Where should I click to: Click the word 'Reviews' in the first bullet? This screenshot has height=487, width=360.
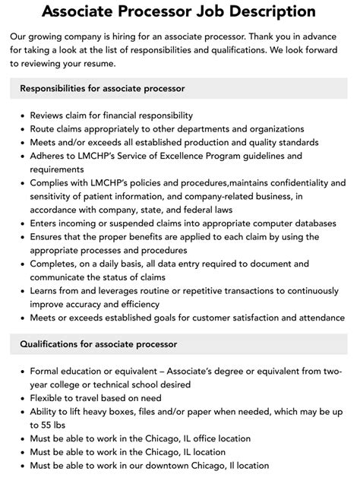49,115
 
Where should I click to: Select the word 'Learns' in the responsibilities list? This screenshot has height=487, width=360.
46,291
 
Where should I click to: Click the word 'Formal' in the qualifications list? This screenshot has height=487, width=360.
46,372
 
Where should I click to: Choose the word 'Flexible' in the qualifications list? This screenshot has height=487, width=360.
49,398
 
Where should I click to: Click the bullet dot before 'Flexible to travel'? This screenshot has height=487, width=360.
20,399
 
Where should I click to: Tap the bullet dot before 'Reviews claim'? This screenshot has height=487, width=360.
20,116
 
